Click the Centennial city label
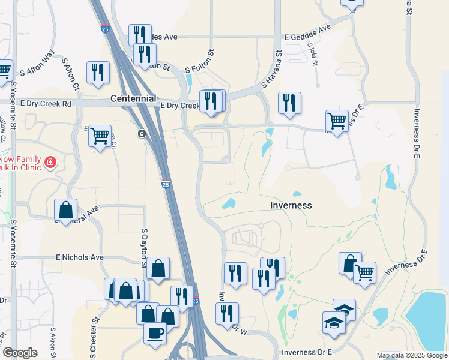133,98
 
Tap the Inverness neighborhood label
290,205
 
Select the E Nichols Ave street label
80,257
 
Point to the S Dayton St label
144,247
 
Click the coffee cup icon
155,333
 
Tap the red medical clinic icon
50,162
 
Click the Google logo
20,353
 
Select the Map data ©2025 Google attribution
411,355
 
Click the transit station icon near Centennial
142,133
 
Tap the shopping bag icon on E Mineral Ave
65,210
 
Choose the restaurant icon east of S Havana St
289,103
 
